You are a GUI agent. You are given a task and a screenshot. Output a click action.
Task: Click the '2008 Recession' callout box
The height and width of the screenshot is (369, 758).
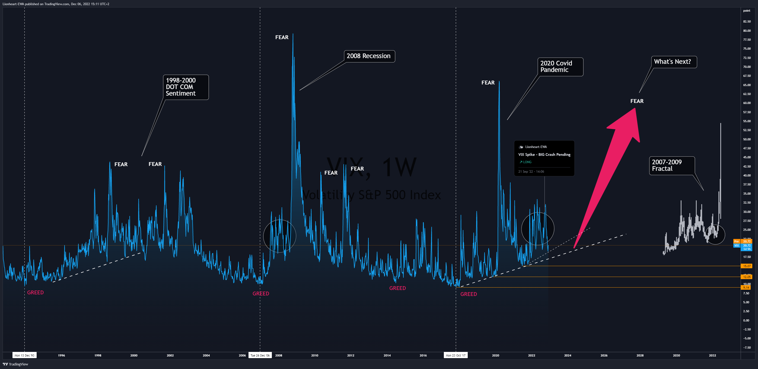click(x=369, y=56)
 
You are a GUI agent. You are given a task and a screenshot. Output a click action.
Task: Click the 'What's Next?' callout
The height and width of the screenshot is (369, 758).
click(x=673, y=62)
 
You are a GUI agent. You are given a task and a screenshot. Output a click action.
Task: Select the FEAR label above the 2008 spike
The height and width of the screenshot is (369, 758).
click(x=282, y=37)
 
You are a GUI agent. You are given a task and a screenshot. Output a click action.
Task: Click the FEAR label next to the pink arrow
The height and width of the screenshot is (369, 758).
click(x=637, y=101)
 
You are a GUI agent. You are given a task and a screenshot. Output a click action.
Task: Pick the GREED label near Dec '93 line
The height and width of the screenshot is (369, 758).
click(x=35, y=292)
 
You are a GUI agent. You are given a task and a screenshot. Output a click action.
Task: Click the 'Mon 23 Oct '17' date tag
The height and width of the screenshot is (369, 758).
click(x=456, y=355)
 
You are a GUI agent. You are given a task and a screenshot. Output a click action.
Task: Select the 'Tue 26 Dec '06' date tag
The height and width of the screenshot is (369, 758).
click(x=260, y=355)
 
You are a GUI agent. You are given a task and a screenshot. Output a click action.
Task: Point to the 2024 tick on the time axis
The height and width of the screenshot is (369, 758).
click(x=568, y=355)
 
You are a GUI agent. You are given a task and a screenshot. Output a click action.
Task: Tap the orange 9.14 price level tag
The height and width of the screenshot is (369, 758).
click(x=746, y=288)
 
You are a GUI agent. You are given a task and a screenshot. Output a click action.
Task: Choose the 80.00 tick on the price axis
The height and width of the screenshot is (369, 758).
click(x=747, y=31)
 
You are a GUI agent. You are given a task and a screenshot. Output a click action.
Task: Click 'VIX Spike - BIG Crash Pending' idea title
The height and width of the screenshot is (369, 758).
click(x=544, y=154)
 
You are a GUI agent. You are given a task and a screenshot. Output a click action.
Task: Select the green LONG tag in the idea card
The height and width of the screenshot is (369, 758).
click(x=525, y=162)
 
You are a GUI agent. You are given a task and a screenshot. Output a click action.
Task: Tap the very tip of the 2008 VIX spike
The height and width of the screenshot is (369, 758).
click(x=293, y=34)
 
